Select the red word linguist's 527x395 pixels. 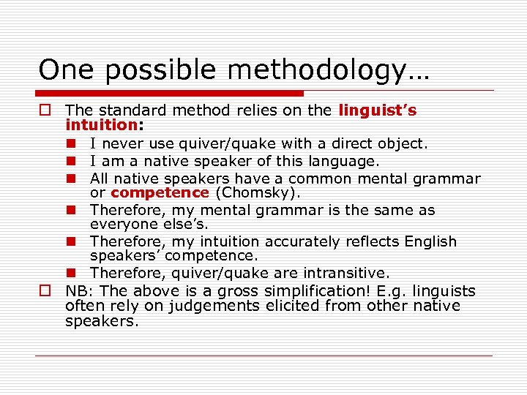point(378,110)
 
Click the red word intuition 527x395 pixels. point(101,125)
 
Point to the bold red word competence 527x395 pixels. point(160,193)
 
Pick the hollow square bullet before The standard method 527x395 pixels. point(45,110)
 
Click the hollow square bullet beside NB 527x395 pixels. point(45,290)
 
